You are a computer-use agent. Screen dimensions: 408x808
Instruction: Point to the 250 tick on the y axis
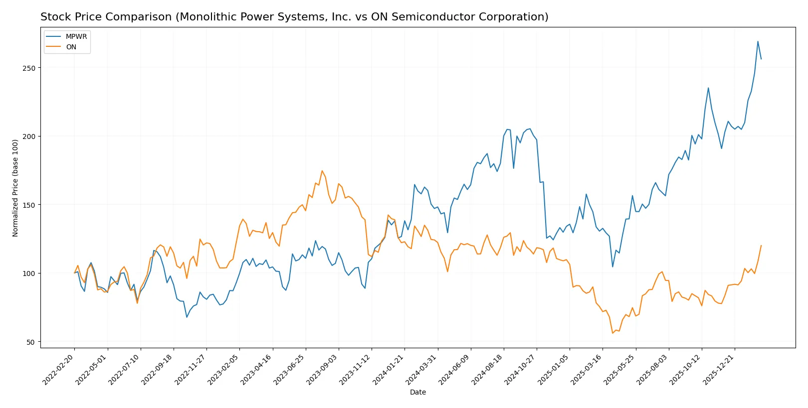click(29, 68)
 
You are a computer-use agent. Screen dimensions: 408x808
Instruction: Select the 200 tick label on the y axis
click(29, 136)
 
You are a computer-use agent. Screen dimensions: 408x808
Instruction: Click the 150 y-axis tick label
click(29, 205)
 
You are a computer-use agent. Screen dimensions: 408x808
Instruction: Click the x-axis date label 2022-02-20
click(59, 369)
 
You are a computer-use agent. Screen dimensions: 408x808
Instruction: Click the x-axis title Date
click(417, 392)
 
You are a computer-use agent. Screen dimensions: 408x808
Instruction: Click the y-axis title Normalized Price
click(15, 188)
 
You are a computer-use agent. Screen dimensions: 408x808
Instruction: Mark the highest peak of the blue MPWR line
click(758, 41)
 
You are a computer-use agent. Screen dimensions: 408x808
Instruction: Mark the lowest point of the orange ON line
click(612, 333)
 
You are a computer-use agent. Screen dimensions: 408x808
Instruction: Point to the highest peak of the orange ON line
click(322, 171)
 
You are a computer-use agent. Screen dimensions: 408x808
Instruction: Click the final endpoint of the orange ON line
click(761, 245)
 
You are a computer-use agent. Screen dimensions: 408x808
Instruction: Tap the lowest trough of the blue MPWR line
click(187, 317)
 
